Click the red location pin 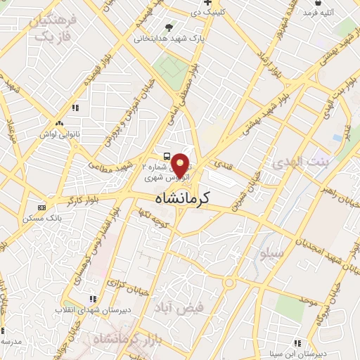point(181,165)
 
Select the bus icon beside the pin point(166,156)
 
